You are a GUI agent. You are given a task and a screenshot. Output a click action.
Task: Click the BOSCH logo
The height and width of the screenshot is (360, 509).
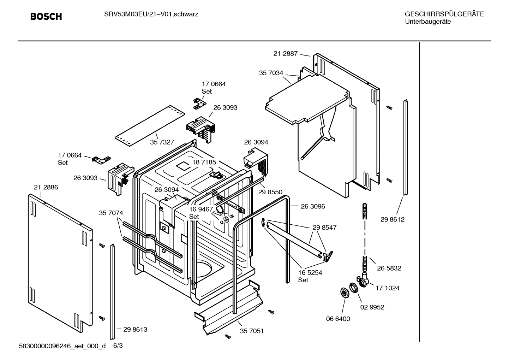[46, 17]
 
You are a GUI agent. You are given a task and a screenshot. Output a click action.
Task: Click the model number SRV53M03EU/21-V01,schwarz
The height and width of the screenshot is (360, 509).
[151, 14]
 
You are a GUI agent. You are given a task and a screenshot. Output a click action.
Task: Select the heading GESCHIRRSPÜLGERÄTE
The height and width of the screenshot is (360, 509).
[444, 14]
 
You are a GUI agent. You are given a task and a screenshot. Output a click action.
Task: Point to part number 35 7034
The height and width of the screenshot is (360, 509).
[271, 73]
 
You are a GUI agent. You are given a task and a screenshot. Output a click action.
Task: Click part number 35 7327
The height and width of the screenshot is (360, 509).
[162, 142]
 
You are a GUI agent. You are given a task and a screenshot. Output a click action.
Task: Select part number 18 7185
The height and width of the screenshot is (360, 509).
[204, 162]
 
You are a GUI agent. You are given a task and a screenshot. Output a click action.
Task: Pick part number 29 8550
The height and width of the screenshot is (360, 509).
[270, 192]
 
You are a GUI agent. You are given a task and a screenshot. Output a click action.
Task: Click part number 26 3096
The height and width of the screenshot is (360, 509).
[313, 206]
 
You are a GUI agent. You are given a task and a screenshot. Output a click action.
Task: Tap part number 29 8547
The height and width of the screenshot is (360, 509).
[324, 228]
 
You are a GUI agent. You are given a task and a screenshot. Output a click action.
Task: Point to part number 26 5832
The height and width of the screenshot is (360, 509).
[389, 268]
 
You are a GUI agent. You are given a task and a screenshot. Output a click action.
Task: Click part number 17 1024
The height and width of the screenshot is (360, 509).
[387, 288]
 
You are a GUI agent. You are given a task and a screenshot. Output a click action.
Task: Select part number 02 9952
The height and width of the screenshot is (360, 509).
[372, 307]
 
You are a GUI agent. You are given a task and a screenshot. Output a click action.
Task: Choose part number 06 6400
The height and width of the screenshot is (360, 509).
[338, 319]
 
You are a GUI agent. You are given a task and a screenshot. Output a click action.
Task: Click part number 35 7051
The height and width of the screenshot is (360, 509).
[252, 331]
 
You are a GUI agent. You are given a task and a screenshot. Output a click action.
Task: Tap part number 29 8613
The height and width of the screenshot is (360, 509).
[135, 329]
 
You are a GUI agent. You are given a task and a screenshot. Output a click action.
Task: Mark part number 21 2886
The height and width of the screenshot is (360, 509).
[46, 187]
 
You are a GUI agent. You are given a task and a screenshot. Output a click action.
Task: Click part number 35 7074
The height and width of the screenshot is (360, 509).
[111, 213]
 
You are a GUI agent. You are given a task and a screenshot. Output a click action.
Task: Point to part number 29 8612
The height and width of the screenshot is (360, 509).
[393, 219]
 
